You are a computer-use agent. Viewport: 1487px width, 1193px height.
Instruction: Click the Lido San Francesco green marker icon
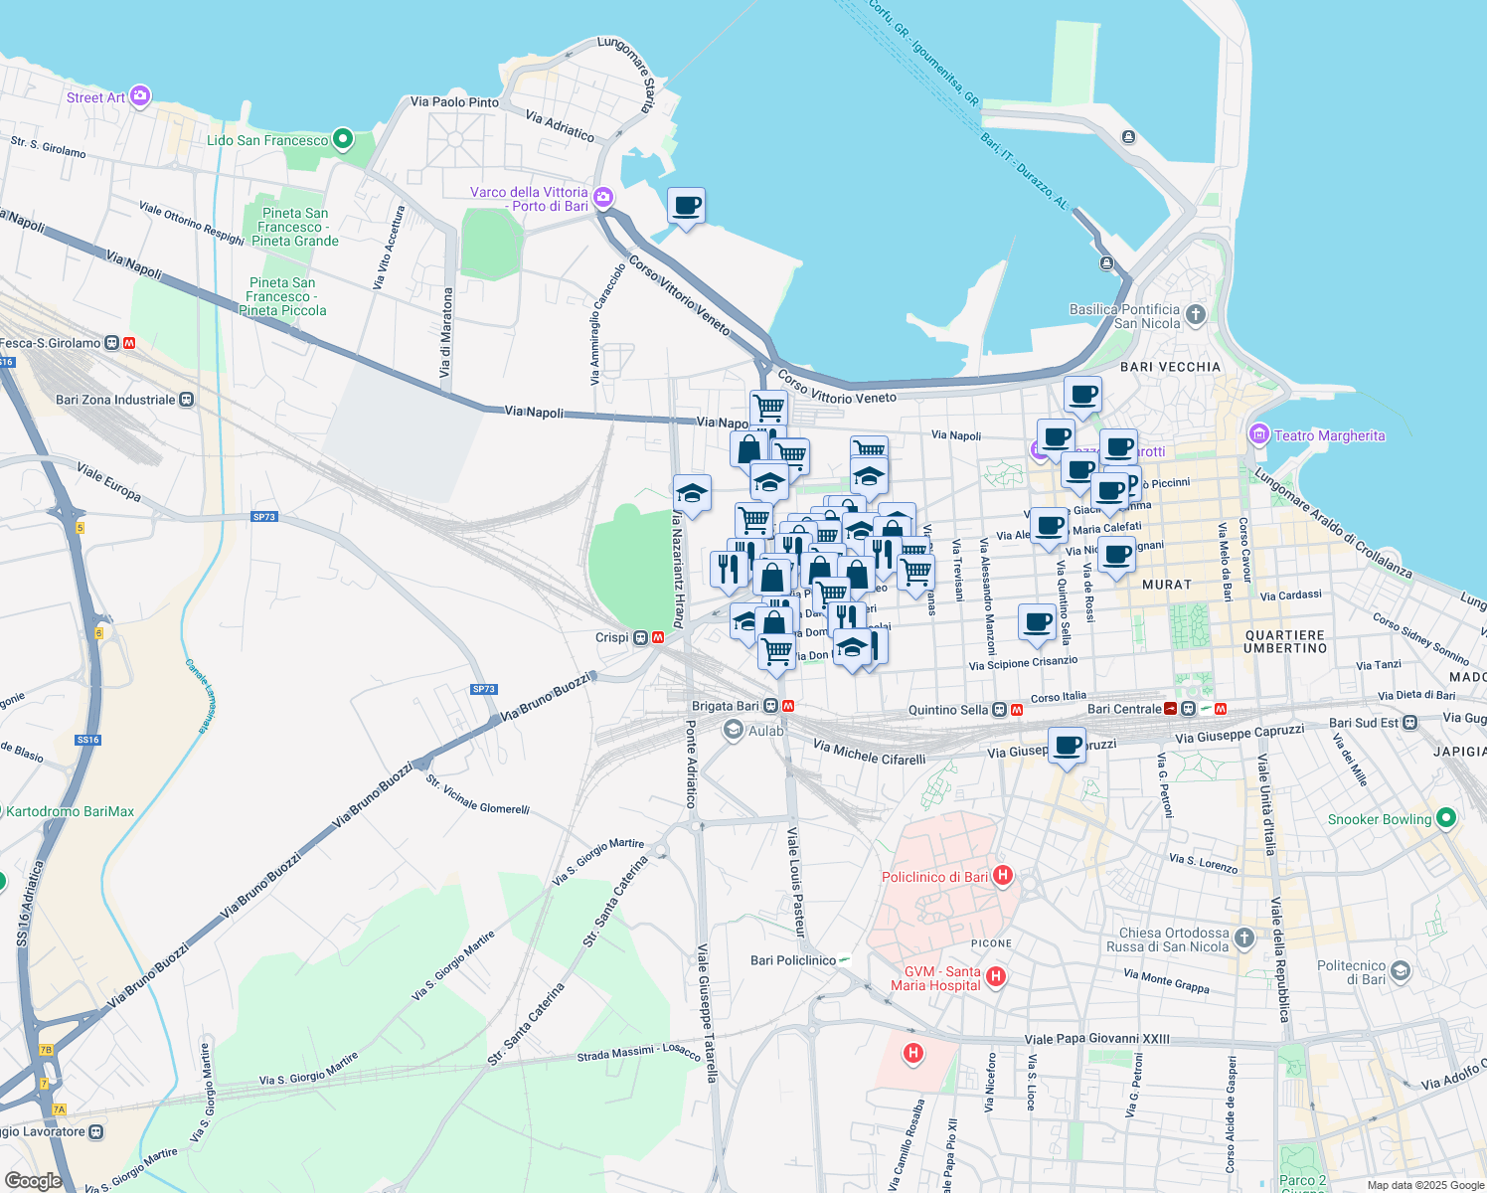pos(343,139)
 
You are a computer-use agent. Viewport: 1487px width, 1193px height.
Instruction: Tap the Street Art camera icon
pos(140,96)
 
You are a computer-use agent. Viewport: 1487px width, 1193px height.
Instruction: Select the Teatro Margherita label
pos(1329,435)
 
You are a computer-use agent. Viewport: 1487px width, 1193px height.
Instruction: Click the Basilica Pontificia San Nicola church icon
pos(1196,315)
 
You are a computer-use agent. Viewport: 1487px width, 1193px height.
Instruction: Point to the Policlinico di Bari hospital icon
pos(1003,876)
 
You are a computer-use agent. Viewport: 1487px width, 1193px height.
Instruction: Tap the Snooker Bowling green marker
pos(1446,818)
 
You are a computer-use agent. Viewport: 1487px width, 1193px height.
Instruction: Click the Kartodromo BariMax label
pos(70,811)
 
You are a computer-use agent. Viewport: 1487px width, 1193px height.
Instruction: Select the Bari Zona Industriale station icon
pos(187,400)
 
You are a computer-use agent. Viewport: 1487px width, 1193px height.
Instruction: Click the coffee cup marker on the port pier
pos(686,207)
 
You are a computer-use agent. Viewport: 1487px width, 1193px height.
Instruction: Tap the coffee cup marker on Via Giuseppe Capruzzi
pos(1068,746)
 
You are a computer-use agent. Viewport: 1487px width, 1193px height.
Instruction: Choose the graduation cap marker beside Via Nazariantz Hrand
pos(692,493)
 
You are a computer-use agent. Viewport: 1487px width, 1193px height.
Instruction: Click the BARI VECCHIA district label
pos(1170,367)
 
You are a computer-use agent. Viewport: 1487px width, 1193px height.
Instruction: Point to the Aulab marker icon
pos(734,731)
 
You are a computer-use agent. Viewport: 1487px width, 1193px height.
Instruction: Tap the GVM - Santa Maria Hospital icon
pos(996,977)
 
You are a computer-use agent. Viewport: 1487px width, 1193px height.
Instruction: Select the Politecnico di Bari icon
pos(1401,971)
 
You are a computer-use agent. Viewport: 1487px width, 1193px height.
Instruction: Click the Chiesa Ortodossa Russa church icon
pos(1243,937)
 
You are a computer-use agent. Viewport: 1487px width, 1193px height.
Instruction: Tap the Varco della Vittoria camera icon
pos(603,199)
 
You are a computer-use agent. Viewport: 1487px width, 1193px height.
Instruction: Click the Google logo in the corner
pos(33,1181)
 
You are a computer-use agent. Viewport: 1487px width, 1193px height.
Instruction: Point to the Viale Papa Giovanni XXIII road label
pos(1096,1040)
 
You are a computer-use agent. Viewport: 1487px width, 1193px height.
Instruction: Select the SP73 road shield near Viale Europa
pos(263,517)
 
